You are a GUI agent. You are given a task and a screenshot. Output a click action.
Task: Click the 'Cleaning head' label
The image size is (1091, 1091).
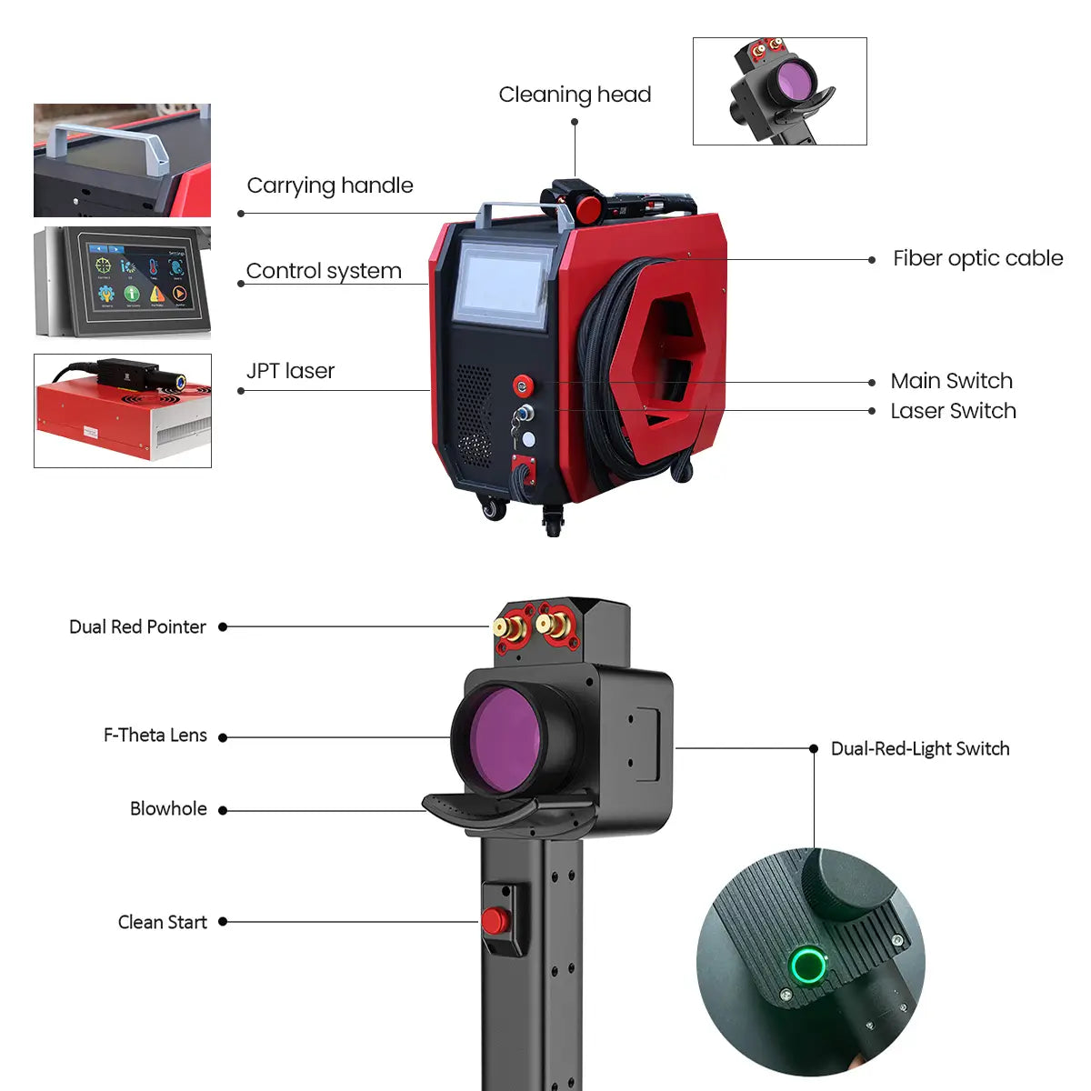575,95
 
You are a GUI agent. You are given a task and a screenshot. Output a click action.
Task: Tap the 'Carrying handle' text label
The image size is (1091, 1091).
330,186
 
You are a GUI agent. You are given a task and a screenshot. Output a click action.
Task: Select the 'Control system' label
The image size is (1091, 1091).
324,271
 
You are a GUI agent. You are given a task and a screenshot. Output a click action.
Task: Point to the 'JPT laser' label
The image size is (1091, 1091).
290,371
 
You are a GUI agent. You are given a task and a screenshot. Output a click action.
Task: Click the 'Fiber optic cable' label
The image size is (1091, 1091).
977,259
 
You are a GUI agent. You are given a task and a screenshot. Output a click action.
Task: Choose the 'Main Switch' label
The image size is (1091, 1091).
951,381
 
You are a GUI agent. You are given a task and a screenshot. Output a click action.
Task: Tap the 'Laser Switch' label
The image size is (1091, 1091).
953,411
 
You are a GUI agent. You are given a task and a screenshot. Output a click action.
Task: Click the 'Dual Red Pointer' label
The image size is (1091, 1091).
137,626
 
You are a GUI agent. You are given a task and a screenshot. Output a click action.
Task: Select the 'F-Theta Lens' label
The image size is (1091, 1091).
155,735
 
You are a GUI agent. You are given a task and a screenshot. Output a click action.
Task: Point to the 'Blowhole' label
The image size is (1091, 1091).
168,808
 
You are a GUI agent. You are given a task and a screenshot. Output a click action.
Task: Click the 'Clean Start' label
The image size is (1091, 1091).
163,922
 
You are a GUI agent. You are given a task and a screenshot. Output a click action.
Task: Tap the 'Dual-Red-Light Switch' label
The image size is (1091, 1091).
920,748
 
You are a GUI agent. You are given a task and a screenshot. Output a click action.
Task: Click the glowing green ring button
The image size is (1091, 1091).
807,966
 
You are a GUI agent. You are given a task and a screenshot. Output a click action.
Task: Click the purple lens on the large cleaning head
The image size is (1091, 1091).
506,740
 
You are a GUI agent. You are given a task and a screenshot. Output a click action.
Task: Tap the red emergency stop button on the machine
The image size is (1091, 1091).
523,385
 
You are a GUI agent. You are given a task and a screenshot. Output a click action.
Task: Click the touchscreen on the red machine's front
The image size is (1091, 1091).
502,285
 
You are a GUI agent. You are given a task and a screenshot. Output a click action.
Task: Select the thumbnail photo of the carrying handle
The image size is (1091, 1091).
123,160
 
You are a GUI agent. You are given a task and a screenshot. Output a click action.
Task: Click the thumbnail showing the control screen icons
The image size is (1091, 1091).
123,283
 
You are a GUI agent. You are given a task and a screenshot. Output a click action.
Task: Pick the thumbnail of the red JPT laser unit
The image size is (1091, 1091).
123,411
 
